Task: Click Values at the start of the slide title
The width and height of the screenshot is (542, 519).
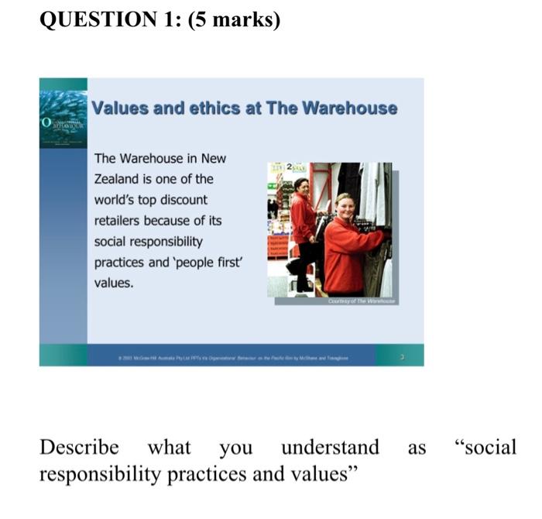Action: pyautogui.click(x=120, y=108)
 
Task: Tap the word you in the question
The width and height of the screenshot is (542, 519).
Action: pyautogui.click(x=235, y=448)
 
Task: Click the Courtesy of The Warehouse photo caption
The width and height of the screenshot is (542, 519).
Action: pyautogui.click(x=361, y=301)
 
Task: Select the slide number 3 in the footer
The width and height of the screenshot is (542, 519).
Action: pyautogui.click(x=402, y=356)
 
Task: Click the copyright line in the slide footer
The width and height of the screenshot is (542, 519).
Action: pyautogui.click(x=233, y=356)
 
